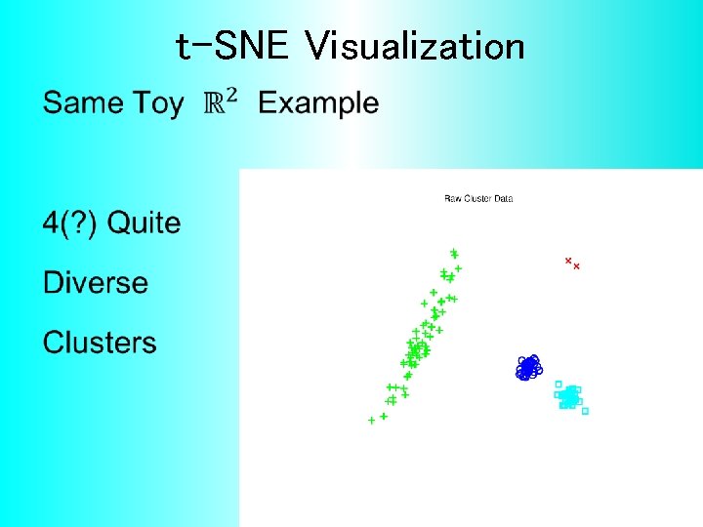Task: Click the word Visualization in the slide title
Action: tap(415, 46)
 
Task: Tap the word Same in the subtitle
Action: tap(84, 102)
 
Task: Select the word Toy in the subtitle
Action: tap(158, 102)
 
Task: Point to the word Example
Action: tap(318, 102)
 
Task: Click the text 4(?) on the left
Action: tap(69, 223)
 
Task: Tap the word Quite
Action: tap(144, 223)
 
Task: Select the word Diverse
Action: tap(96, 283)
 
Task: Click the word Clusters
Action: tap(100, 343)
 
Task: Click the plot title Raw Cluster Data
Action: tap(478, 199)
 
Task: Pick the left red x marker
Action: tap(568, 261)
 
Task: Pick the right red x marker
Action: tap(576, 266)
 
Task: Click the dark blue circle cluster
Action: tap(528, 368)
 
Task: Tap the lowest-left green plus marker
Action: tap(371, 421)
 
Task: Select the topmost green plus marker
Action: tap(454, 252)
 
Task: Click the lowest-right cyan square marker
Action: tap(585, 411)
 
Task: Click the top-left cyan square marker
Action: tap(558, 384)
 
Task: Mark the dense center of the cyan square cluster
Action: tap(569, 396)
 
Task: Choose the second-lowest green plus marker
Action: tap(384, 416)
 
